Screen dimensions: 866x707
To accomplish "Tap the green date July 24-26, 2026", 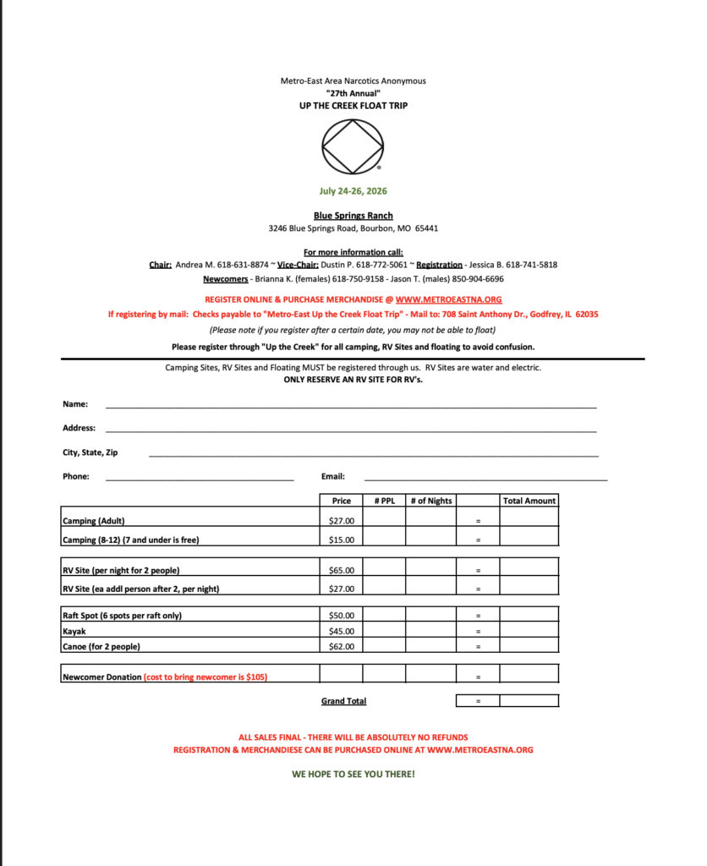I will [353, 191].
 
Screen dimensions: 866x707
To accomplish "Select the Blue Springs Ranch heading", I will [353, 216].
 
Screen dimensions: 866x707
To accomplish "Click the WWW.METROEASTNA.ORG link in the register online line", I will [448, 299].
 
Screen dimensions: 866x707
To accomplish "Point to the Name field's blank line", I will [350, 407].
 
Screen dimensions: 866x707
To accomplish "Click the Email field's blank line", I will [485, 479].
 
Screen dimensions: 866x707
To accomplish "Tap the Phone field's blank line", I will [200, 479].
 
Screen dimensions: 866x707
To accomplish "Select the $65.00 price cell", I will [342, 570].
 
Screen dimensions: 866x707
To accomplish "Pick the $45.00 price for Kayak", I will [342, 631].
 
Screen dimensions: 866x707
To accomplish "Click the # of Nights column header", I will [431, 501].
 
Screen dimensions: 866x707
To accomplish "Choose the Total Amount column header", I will [529, 501].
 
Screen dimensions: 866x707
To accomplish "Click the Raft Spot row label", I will [122, 616].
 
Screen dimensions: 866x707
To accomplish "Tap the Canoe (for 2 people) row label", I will [101, 647].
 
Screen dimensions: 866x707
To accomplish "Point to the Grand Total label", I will [343, 701].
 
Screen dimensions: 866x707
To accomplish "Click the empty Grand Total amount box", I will [529, 701].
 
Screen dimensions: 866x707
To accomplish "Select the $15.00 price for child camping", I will [342, 540].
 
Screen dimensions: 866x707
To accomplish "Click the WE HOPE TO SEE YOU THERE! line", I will [353, 774].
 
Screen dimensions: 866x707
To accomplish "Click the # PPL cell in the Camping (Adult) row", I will [385, 521].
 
